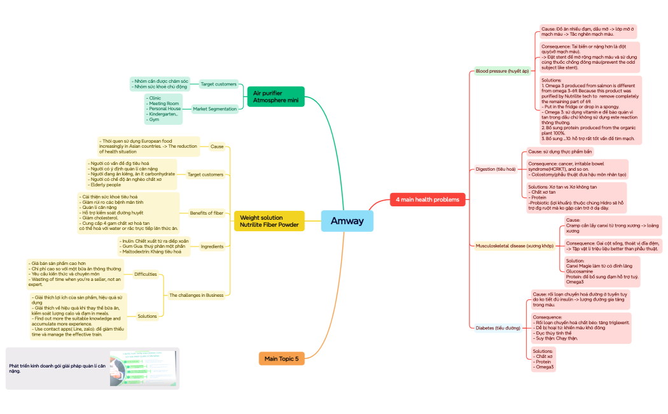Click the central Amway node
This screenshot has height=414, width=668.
tap(347, 221)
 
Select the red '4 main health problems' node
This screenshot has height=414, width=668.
tap(428, 199)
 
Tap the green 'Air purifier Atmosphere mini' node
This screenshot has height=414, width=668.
tap(275, 97)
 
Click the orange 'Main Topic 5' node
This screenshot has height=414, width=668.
tap(281, 359)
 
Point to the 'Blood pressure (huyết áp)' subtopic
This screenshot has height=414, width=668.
tap(502, 71)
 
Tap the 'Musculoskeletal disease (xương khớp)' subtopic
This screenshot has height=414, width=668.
tap(515, 245)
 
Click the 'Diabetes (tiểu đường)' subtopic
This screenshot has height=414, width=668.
tap(498, 328)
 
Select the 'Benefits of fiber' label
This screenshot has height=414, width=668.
tap(207, 213)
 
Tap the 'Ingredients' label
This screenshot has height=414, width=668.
tap(212, 246)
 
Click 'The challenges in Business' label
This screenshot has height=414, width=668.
tap(197, 295)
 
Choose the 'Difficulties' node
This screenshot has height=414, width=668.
tap(145, 275)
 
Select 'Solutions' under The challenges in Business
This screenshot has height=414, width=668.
tap(146, 316)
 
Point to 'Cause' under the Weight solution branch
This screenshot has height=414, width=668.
tap(217, 146)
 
